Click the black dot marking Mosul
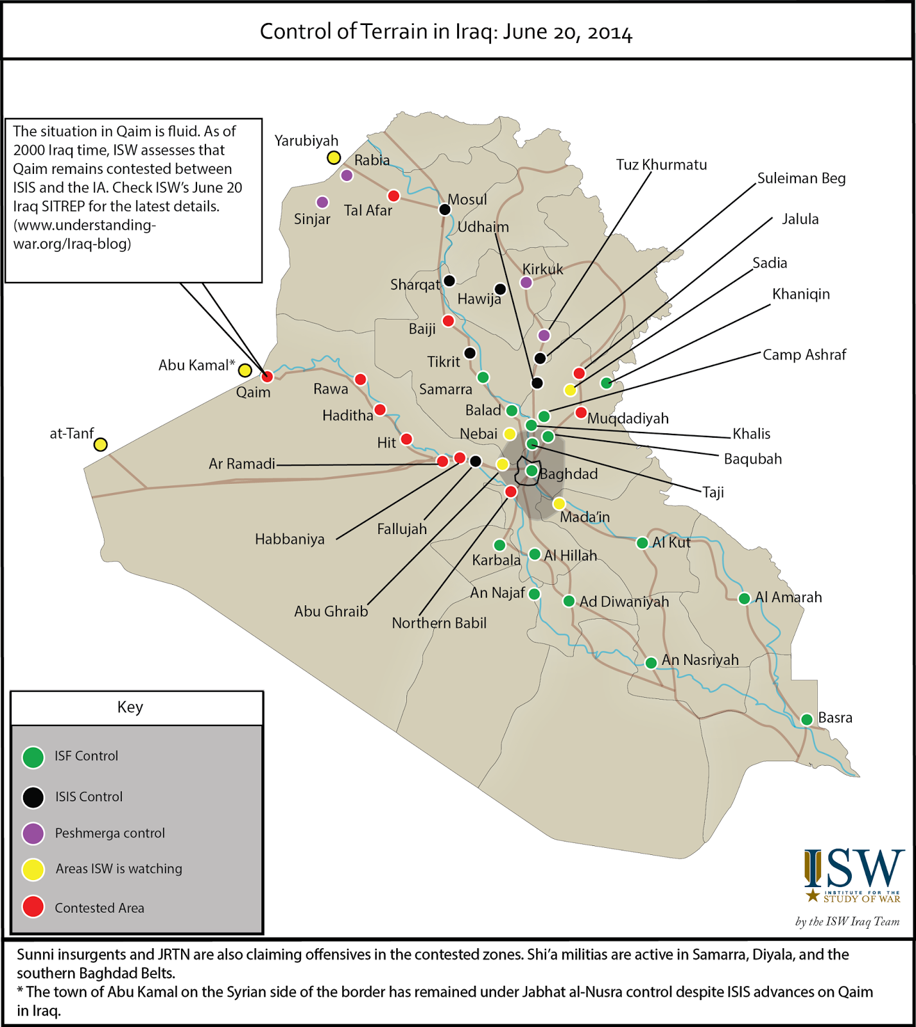pos(444,209)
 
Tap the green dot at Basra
pos(807,720)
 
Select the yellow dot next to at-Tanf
pos(100,444)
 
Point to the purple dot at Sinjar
pos(322,202)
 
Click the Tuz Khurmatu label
pos(661,165)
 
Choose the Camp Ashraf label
pos(804,355)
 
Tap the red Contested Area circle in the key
pos(33,907)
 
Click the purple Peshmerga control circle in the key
pos(33,833)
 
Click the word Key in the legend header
pos(130,707)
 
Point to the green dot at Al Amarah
pos(744,598)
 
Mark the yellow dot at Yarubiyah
pos(334,157)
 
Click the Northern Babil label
pos(439,623)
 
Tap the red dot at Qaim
pos(267,376)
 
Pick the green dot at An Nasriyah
pos(651,662)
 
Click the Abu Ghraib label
pos(331,612)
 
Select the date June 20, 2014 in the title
pos(567,32)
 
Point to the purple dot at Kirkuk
pos(526,282)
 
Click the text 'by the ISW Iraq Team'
pos(847,922)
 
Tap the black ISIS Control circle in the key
pos(33,797)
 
